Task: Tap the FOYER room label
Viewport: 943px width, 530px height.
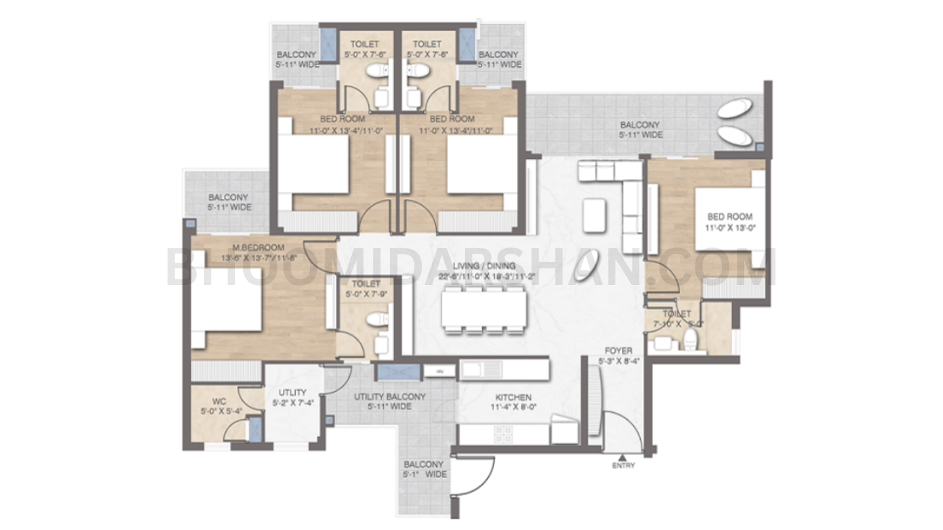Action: (x=618, y=350)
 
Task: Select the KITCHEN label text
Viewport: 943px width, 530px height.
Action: (x=513, y=397)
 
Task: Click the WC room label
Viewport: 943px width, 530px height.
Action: (x=219, y=402)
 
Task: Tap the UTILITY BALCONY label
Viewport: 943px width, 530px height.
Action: (x=390, y=397)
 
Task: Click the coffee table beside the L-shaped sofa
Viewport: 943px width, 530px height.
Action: (x=594, y=216)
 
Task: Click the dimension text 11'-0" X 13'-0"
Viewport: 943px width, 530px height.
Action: (x=730, y=228)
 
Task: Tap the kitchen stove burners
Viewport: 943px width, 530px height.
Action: (x=504, y=434)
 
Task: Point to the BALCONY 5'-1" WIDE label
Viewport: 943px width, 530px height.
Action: (x=424, y=469)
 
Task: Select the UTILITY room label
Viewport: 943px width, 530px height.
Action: (x=292, y=393)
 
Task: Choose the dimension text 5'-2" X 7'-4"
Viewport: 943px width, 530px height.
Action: (x=292, y=403)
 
